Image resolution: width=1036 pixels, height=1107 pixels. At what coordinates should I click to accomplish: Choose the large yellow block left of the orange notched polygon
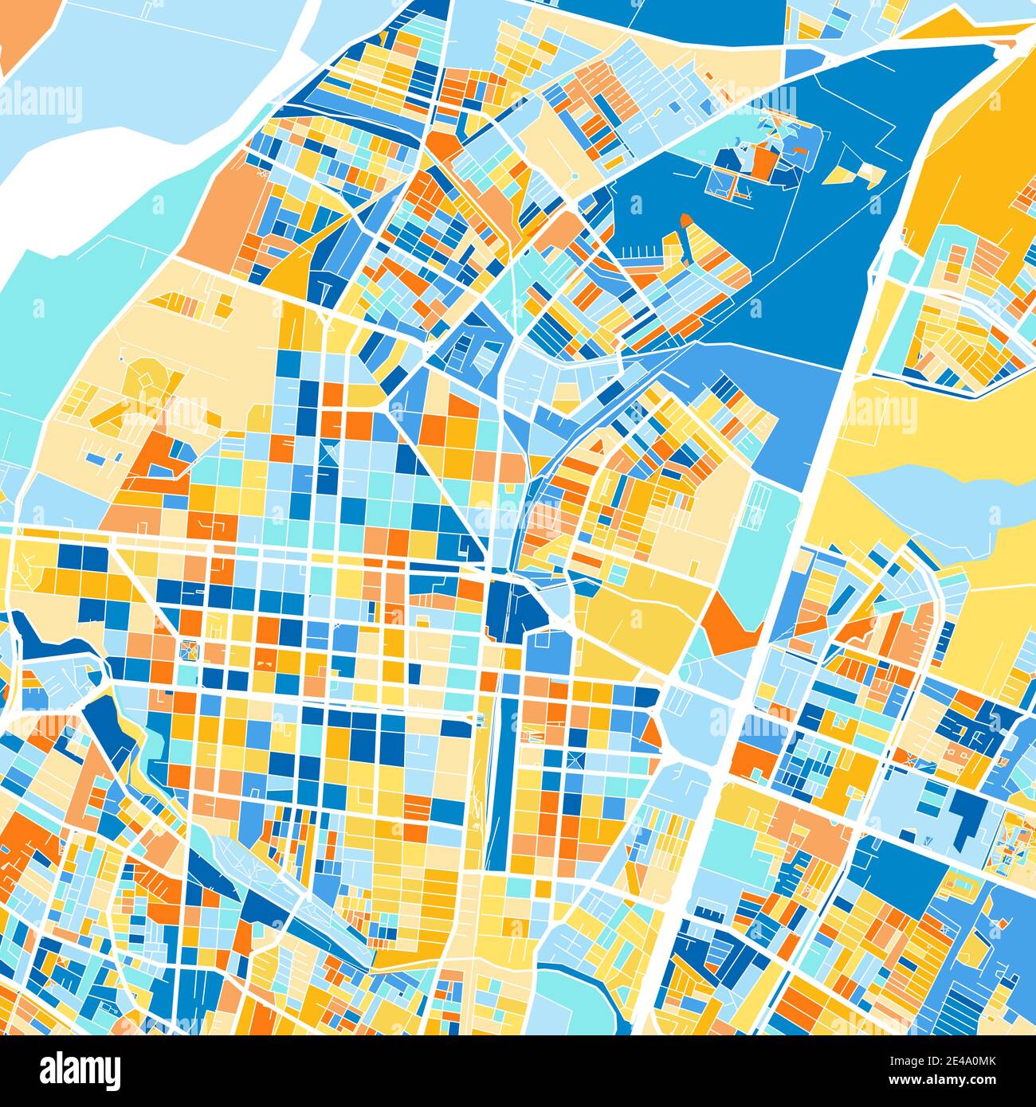click(x=638, y=613)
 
